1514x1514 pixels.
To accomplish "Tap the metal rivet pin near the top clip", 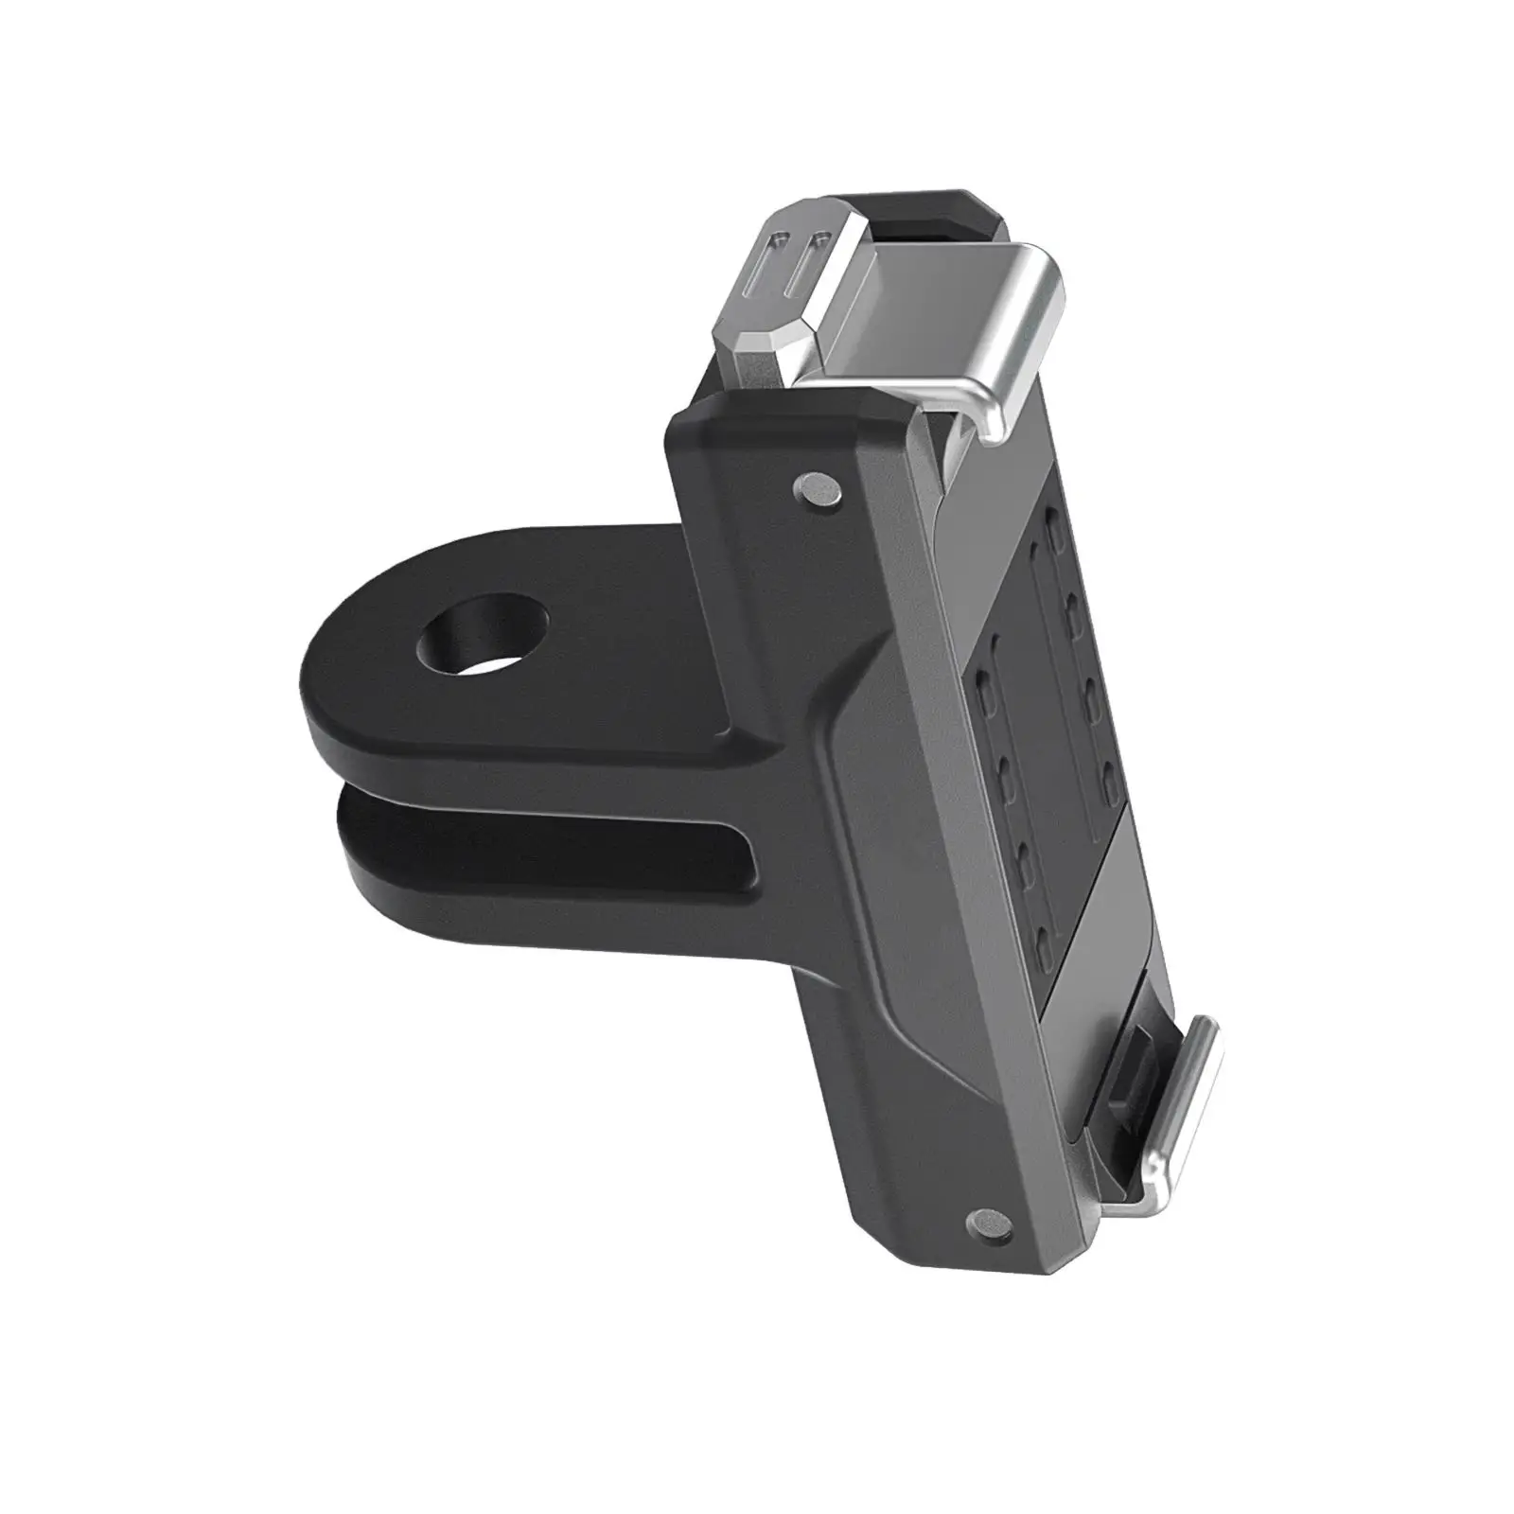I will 817,488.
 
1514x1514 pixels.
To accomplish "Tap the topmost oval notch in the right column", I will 1054,522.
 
